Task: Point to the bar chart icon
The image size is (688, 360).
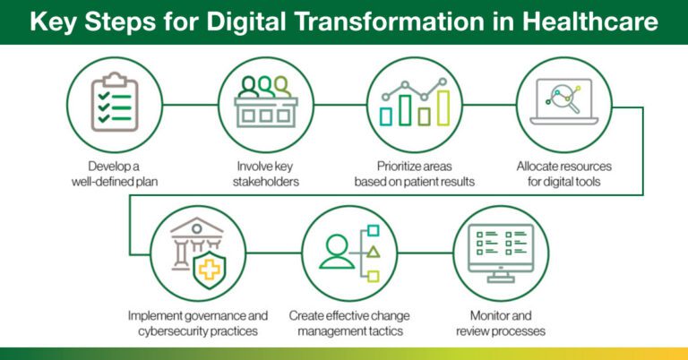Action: (x=412, y=106)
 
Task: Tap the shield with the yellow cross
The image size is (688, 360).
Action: (x=211, y=268)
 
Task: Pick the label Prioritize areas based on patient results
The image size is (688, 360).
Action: (x=412, y=173)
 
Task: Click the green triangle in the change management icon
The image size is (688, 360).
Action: (x=374, y=252)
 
